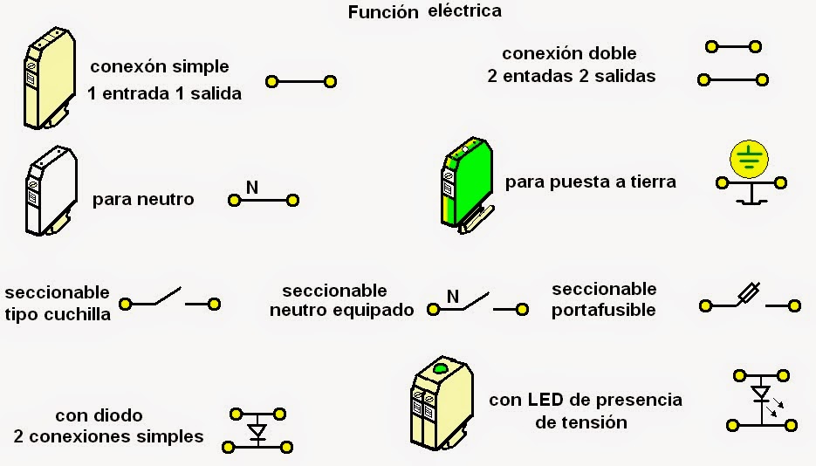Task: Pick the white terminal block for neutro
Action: pyautogui.click(x=45, y=192)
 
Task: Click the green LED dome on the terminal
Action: pyautogui.click(x=441, y=369)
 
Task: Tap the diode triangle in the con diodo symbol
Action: pyautogui.click(x=257, y=430)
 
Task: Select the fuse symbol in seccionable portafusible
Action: pyautogui.click(x=750, y=294)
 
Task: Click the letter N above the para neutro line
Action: pyautogui.click(x=251, y=187)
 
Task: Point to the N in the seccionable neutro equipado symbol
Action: pyautogui.click(x=452, y=296)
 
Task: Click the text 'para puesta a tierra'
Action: pyautogui.click(x=590, y=182)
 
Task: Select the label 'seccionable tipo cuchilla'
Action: pyautogui.click(x=58, y=303)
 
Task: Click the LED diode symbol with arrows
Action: pyautogui.click(x=761, y=395)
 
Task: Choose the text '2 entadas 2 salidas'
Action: pyautogui.click(x=571, y=76)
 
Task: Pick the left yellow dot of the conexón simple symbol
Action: pyautogui.click(x=271, y=82)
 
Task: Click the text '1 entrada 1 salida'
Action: pyautogui.click(x=164, y=93)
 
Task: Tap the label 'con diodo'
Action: pyautogui.click(x=99, y=415)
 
